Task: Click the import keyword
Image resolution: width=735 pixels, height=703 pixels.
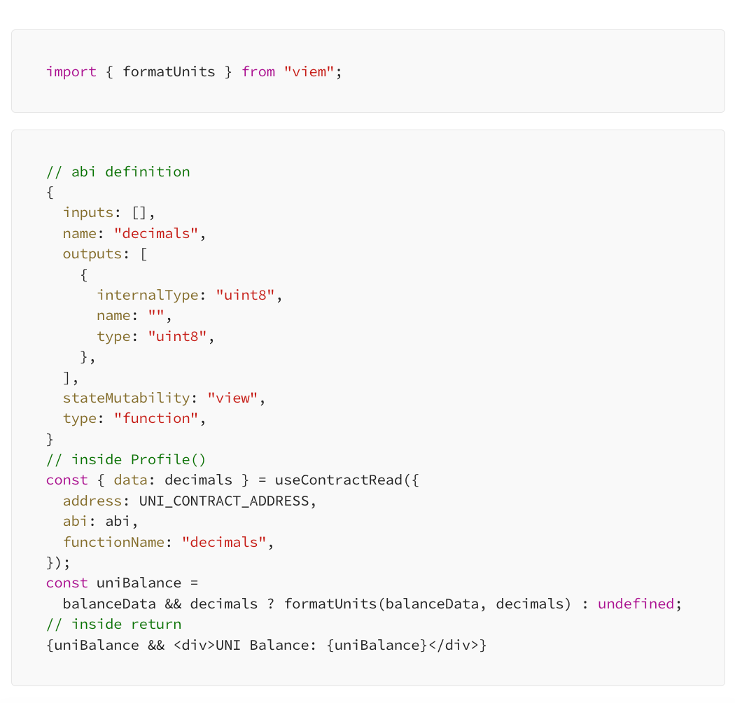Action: point(71,71)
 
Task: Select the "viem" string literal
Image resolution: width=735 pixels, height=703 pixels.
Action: point(309,71)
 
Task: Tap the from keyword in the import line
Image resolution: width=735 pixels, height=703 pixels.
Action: point(258,71)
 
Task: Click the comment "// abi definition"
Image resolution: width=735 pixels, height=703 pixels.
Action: point(118,172)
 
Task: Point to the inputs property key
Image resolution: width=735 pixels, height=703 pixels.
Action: point(88,213)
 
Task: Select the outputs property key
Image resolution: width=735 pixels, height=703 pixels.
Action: point(92,254)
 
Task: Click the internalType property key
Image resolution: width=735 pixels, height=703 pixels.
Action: point(148,295)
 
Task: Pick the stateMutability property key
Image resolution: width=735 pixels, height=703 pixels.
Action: point(127,398)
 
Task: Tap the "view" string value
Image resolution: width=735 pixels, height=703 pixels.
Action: point(232,398)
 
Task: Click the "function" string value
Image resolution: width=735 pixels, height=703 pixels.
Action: point(156,418)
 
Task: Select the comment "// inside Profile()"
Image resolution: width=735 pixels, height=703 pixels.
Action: point(126,459)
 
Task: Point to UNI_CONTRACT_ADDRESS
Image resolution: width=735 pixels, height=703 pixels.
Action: point(224,501)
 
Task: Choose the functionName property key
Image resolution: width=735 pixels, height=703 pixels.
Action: point(114,542)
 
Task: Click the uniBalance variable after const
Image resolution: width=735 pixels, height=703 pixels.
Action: point(139,583)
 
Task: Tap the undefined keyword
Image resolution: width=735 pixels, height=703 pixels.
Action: point(636,604)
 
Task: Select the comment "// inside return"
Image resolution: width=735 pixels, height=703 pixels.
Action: point(113,624)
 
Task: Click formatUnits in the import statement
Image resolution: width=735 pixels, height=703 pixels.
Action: point(169,71)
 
